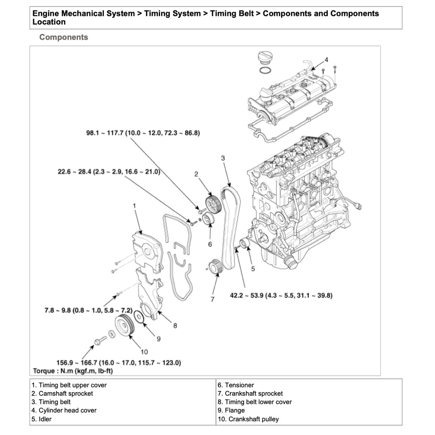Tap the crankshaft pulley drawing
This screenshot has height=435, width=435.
click(x=125, y=326)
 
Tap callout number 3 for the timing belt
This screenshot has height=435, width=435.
click(x=223, y=158)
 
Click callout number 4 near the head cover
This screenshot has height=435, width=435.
click(x=326, y=60)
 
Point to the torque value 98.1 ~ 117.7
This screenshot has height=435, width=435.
click(x=143, y=133)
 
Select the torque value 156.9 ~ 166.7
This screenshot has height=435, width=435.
click(x=119, y=362)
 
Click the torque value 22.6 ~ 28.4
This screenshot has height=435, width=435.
click(x=109, y=172)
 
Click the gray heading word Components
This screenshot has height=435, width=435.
click(x=63, y=37)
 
